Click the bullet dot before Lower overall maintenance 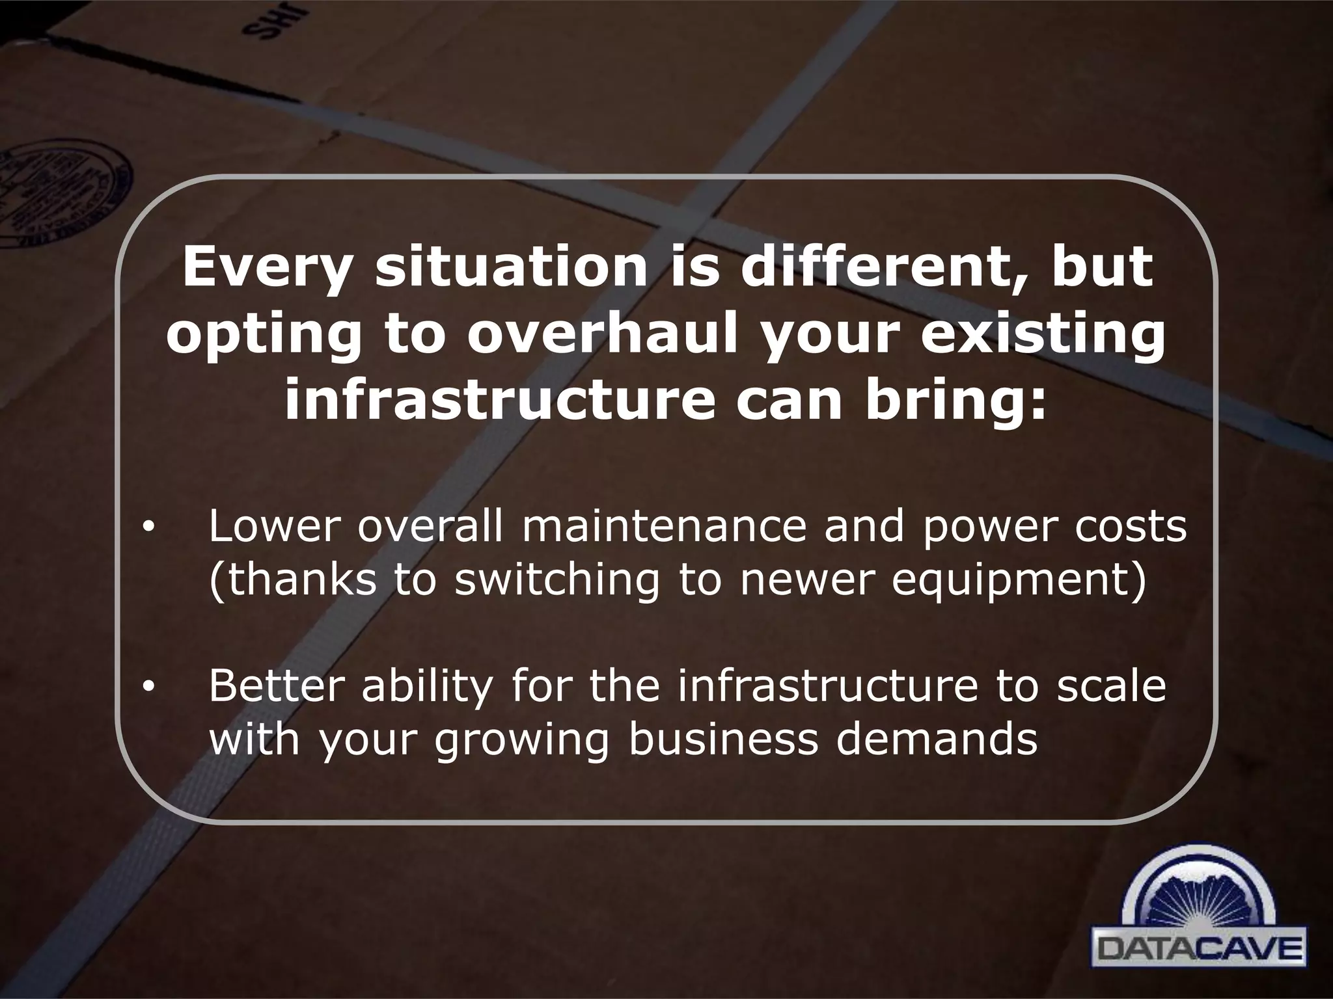(x=148, y=529)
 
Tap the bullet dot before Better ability (x=148, y=687)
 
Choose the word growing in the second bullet (x=521, y=739)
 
